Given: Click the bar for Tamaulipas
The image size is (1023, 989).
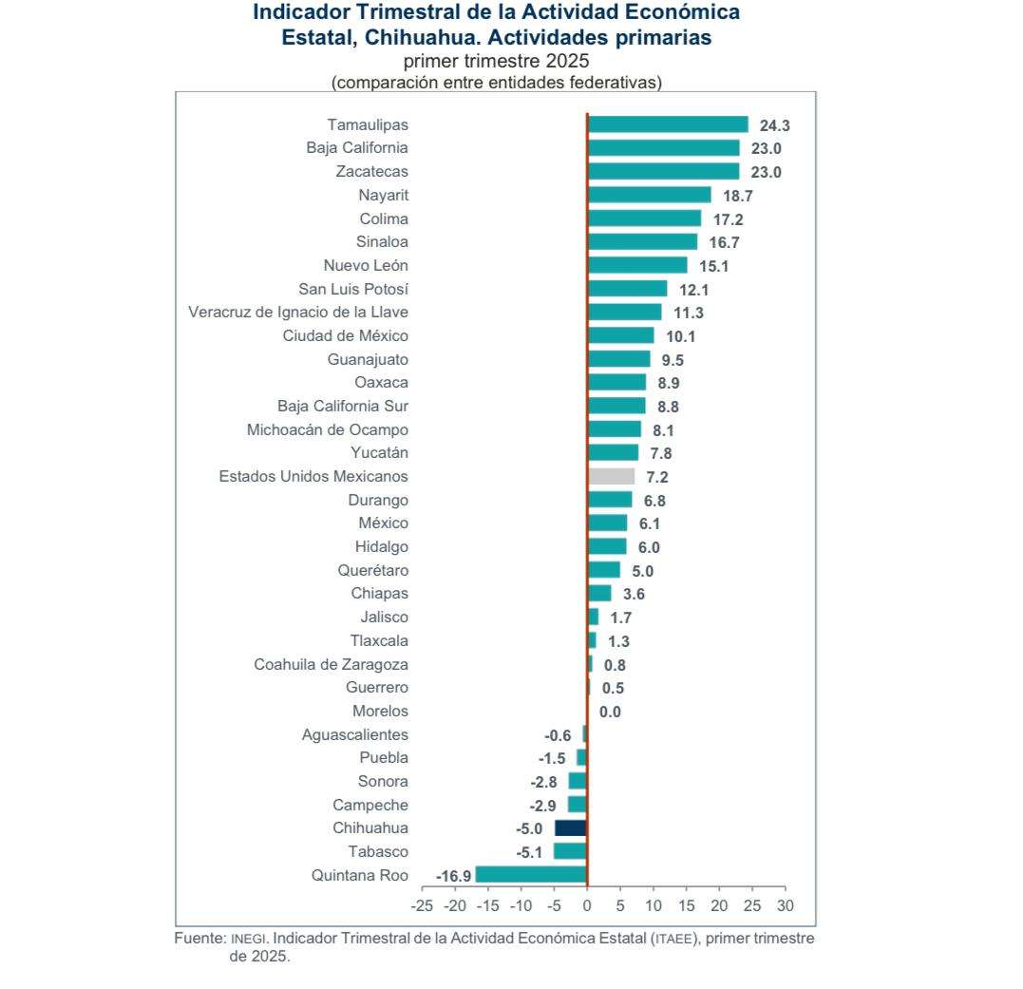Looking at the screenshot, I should [668, 124].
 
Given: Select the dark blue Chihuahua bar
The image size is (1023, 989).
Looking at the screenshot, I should [571, 828].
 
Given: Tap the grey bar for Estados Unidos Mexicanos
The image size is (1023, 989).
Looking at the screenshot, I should [611, 477].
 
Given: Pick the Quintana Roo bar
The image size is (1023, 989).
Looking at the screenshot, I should [531, 875].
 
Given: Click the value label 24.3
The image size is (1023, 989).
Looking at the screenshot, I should [775, 125].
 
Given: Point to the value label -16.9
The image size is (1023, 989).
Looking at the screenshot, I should [453, 876].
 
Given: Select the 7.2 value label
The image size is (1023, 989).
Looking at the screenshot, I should [657, 477].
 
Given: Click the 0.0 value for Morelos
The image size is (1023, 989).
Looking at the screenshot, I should [610, 712].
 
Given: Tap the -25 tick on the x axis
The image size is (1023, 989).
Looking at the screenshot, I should [422, 905].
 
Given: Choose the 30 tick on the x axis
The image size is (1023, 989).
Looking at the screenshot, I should [785, 905].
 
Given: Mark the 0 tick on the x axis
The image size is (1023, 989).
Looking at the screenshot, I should [587, 905].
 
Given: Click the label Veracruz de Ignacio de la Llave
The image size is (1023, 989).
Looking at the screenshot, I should [298, 312].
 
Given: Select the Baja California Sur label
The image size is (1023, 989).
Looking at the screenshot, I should [343, 406].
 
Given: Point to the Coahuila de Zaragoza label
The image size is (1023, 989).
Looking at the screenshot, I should [331, 664].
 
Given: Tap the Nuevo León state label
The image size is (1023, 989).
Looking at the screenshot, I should [366, 265].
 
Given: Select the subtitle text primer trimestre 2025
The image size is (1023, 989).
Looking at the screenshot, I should [496, 62].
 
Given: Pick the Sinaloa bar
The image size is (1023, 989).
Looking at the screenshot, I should [642, 242].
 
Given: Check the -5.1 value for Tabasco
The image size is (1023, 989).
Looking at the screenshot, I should [529, 852].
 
